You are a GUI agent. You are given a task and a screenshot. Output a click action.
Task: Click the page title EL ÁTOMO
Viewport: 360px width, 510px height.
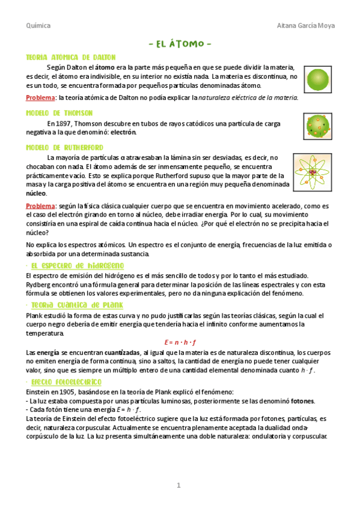[180, 45]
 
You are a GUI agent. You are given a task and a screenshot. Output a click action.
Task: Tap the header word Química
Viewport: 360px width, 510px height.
[38, 26]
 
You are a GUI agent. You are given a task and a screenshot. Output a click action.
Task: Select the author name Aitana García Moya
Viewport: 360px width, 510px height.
[306, 26]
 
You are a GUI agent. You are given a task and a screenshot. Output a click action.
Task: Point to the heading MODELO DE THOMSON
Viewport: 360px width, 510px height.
[59, 112]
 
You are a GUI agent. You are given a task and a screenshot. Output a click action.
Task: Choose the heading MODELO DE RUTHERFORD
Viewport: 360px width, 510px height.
[64, 147]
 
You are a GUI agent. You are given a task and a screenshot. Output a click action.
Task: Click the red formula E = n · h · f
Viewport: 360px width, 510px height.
[180, 342]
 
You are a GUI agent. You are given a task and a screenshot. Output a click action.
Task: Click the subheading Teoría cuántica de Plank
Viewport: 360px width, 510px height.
[77, 305]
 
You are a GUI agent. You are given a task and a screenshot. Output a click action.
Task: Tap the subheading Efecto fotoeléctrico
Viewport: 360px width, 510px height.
[67, 382]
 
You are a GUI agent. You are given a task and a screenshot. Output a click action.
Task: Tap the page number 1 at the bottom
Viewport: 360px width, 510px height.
[178, 485]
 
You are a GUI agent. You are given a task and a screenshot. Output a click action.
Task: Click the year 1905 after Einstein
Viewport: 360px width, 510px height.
[64, 392]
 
